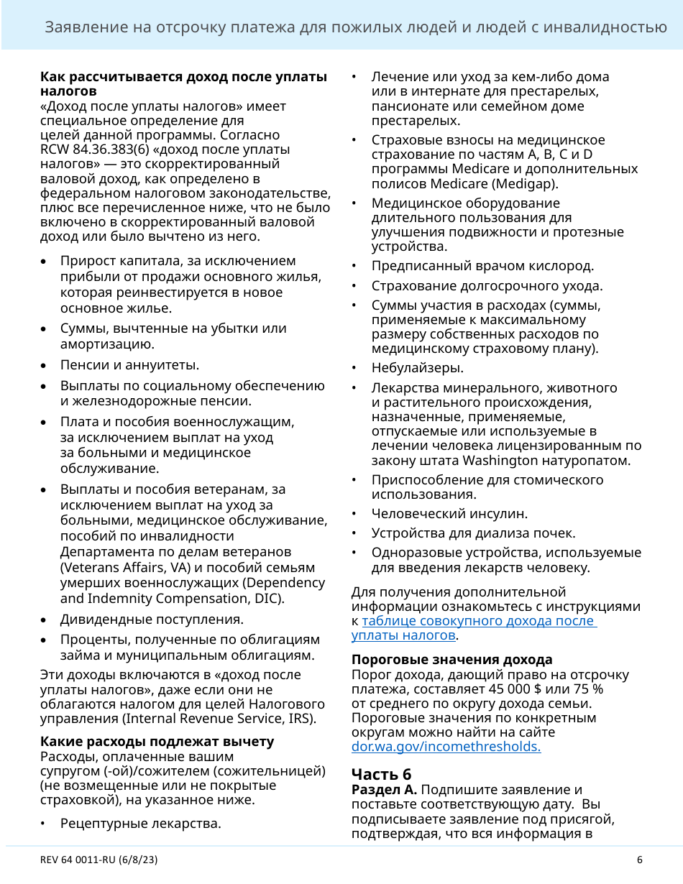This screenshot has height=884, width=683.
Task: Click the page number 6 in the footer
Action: (x=639, y=860)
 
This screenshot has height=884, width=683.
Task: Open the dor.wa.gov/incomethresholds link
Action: (x=446, y=747)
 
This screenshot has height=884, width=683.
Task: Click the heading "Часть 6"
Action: (x=381, y=774)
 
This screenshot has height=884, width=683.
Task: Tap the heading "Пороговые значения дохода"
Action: (x=451, y=660)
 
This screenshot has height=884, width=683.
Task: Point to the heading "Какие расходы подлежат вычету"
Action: (x=157, y=741)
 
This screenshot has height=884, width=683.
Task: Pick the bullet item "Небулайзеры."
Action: (x=418, y=368)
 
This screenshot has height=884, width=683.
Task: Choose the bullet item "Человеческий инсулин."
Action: (x=449, y=514)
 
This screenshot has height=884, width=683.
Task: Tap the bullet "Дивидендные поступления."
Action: (x=152, y=619)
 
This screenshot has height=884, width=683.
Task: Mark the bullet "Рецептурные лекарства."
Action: (x=140, y=823)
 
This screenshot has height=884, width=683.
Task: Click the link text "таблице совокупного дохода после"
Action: (x=479, y=621)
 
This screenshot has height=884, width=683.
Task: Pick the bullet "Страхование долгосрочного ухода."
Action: (x=487, y=286)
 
